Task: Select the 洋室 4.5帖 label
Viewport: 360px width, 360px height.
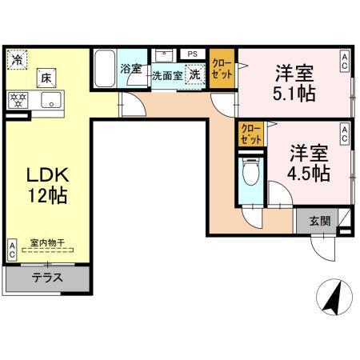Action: (307, 163)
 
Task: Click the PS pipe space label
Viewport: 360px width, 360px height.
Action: (192, 54)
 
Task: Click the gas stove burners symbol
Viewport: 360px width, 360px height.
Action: (18, 100)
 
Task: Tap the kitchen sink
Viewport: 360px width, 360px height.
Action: (50, 100)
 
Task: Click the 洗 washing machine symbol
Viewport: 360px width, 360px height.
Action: (194, 75)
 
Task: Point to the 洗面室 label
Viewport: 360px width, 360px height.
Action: (167, 76)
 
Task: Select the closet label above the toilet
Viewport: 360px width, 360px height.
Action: (250, 134)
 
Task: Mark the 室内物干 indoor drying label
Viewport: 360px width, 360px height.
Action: (46, 242)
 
